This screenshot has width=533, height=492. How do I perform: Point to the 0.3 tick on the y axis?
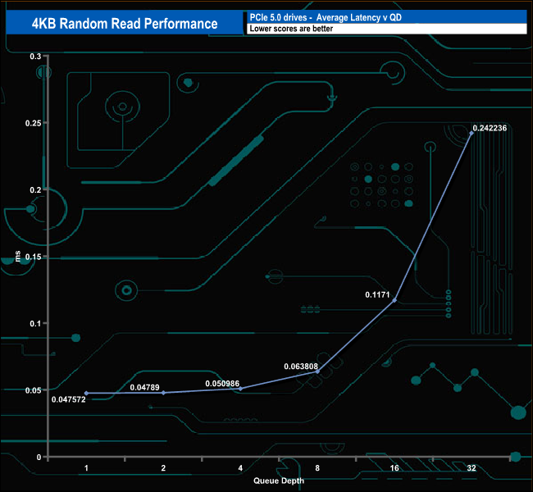(35, 57)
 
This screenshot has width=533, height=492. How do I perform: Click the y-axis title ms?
(18, 257)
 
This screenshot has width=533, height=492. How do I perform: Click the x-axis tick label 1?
(86, 467)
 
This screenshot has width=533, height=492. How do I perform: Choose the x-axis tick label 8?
(317, 467)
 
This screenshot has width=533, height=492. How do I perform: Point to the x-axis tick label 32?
(471, 467)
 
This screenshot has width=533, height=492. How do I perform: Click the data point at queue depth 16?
(394, 300)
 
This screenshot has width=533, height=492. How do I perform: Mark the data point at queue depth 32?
(471, 133)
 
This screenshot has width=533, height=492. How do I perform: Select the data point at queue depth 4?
(240, 389)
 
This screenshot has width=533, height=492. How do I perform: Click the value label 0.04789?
(148, 385)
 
